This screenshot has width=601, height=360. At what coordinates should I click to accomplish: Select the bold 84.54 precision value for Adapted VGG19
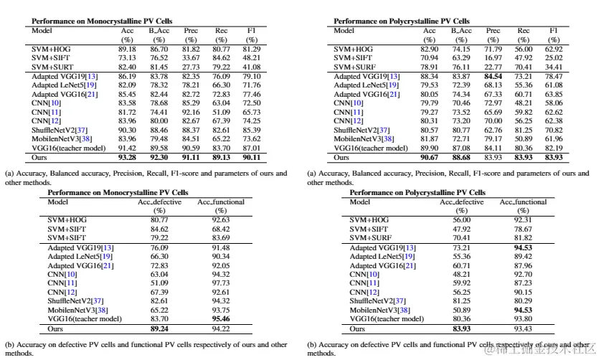coord(493,75)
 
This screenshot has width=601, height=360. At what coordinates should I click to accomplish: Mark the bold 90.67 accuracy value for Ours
coord(429,156)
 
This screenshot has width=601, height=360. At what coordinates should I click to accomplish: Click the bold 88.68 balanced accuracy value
coord(460,156)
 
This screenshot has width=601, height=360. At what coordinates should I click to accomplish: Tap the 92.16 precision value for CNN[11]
coord(189,112)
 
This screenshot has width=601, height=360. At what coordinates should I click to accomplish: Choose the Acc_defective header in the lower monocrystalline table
coord(159,202)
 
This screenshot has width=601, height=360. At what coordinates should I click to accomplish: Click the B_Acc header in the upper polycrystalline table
coord(460,31)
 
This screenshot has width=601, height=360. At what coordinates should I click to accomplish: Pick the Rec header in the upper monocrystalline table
coord(221,31)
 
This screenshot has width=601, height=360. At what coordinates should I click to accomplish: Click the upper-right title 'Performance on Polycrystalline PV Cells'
coord(402,22)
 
